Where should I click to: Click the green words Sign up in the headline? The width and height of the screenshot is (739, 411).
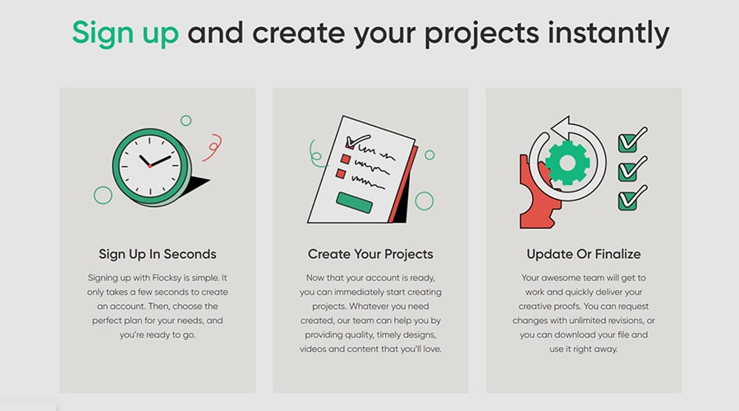point(126,34)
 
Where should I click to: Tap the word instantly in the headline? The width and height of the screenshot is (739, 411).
point(608,34)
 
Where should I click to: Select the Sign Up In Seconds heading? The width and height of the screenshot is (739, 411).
point(158,254)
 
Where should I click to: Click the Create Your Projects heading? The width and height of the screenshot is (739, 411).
point(370,254)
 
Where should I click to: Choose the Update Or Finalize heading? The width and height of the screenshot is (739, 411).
point(584,254)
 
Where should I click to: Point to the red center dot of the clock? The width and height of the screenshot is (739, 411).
point(149,166)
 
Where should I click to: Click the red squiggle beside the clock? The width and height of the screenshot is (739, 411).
point(213,147)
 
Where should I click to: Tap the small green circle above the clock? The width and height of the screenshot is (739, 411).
point(186,121)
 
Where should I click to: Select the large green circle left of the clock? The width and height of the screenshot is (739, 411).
point(103,195)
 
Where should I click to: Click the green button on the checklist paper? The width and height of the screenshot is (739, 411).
point(355,202)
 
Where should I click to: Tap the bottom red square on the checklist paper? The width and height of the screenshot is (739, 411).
point(341,173)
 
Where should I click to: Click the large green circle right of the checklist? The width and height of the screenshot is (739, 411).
point(425,201)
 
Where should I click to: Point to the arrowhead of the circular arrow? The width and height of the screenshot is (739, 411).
point(561,127)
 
